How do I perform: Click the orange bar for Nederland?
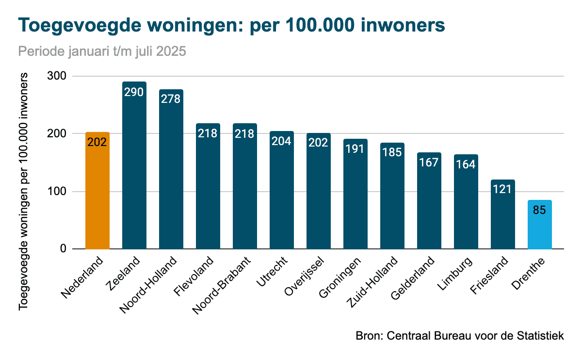click(97, 194)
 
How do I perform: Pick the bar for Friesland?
click(503, 218)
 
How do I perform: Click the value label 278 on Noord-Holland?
click(171, 98)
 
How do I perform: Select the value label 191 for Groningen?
click(355, 148)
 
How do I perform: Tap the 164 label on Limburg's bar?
click(466, 164)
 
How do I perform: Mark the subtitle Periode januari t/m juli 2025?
click(102, 51)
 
